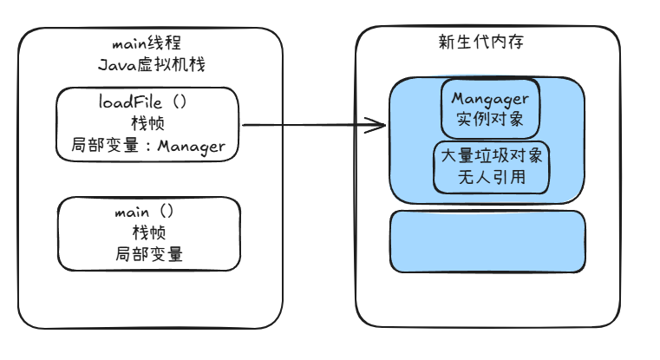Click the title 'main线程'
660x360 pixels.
click(147, 43)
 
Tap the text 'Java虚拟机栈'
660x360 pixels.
click(152, 65)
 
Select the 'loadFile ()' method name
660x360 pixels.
click(143, 101)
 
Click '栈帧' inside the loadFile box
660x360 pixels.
click(147, 123)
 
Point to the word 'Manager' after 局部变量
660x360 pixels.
click(192, 146)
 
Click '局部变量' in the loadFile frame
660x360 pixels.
click(105, 145)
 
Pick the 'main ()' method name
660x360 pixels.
click(144, 211)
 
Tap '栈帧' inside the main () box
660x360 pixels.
click(149, 232)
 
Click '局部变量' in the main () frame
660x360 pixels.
click(149, 254)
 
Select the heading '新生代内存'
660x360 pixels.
click(481, 42)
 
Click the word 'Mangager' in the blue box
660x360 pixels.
click(490, 99)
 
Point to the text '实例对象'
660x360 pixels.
click(490, 119)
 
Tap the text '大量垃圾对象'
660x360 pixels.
click(492, 156)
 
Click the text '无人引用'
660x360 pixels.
click(492, 177)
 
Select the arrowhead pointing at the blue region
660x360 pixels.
click(376, 125)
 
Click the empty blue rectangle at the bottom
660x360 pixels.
click(487, 242)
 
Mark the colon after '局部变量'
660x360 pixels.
click(147, 146)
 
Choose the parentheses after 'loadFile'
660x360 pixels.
click(180, 101)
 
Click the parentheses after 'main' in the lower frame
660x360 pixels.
click(167, 211)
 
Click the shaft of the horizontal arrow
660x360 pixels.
click(314, 125)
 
